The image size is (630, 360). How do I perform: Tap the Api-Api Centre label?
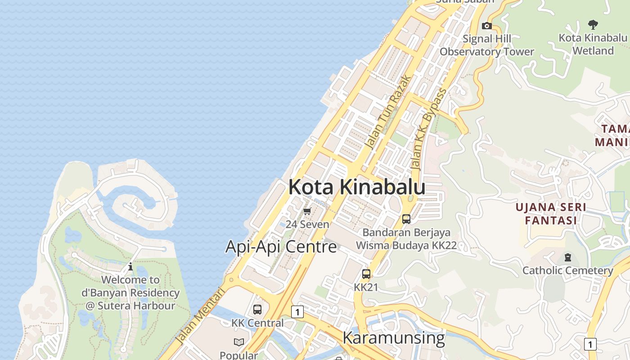point(281,247)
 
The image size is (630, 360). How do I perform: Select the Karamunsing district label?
point(394,337)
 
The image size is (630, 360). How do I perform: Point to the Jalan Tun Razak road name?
point(388,112)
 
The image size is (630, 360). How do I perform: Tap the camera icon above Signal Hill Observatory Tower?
point(486,26)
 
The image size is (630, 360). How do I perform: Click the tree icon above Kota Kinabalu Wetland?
point(593,25)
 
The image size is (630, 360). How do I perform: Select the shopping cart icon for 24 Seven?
point(307,211)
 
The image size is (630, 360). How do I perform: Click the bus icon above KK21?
point(366,274)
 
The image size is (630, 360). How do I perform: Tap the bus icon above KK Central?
point(257,310)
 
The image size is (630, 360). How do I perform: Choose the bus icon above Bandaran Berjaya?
point(406,219)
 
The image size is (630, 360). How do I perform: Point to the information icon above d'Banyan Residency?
point(130,266)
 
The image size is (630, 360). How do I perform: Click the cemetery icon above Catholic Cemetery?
point(567,258)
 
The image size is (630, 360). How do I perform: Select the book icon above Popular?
point(239,342)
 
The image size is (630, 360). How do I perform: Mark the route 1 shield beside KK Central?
point(297,311)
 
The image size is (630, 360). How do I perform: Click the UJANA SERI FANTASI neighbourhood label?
point(551,214)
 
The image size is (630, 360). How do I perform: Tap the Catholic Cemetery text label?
point(567,270)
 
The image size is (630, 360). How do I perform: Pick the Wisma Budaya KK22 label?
point(406,245)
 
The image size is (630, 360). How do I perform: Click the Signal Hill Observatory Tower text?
point(486,45)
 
